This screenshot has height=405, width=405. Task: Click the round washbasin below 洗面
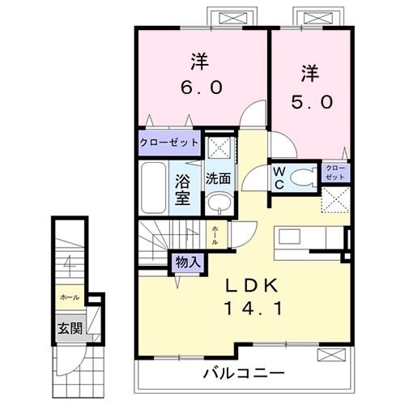[216, 202]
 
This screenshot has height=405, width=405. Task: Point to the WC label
[277, 177]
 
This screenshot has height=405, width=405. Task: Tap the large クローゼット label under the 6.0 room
[168, 143]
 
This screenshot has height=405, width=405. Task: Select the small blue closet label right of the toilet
[335, 172]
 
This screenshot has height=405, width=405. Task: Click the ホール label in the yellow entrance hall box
[69, 297]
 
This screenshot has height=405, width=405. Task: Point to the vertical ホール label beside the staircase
[215, 234]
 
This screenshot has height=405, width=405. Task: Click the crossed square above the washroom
[216, 147]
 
